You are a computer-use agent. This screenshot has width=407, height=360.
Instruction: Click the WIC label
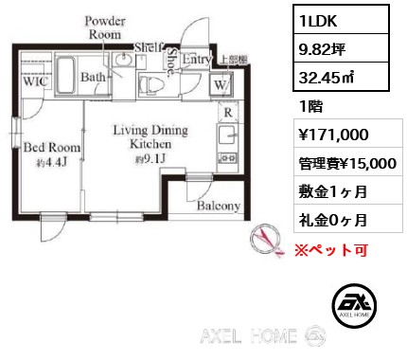pyautogui.click(x=35, y=81)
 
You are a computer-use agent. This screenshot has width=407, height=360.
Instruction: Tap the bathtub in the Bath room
pyautogui.click(x=66, y=74)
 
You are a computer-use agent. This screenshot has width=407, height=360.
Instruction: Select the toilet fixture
pyautogui.click(x=151, y=84)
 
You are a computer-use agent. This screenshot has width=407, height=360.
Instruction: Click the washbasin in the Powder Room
pyautogui.click(x=124, y=60)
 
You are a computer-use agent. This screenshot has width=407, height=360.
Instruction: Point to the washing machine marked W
pyautogui.click(x=221, y=84)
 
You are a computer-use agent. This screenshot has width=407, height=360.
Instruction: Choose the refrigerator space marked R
pyautogui.click(x=228, y=112)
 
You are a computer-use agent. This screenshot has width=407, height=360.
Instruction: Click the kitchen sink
pyautogui.click(x=227, y=135)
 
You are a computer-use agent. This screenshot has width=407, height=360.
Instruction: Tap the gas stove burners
pyautogui.click(x=227, y=157)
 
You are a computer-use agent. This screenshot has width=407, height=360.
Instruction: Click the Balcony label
pyautogui.click(x=219, y=206)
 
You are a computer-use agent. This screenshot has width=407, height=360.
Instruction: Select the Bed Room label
pyautogui.click(x=52, y=148)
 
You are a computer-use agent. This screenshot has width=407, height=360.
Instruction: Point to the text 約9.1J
pyautogui.click(x=150, y=159)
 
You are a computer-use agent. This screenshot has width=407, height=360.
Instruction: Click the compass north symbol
pyautogui.click(x=265, y=240)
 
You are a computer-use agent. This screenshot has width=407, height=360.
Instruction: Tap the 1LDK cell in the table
pyautogui.click(x=341, y=20)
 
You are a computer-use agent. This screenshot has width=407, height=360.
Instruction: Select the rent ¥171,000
pyautogui.click(x=334, y=135)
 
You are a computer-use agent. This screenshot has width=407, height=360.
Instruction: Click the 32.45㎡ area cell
pyautogui.click(x=341, y=77)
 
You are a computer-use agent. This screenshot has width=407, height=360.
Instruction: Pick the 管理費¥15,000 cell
pyautogui.click(x=348, y=163)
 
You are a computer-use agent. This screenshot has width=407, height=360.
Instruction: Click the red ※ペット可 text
pyautogui.click(x=331, y=250)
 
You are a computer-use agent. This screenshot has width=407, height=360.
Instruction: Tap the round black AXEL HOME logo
pyautogui.click(x=354, y=305)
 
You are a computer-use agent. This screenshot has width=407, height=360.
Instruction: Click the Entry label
pyautogui.click(x=197, y=59)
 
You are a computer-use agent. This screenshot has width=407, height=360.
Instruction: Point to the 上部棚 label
pyautogui.click(x=234, y=60)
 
